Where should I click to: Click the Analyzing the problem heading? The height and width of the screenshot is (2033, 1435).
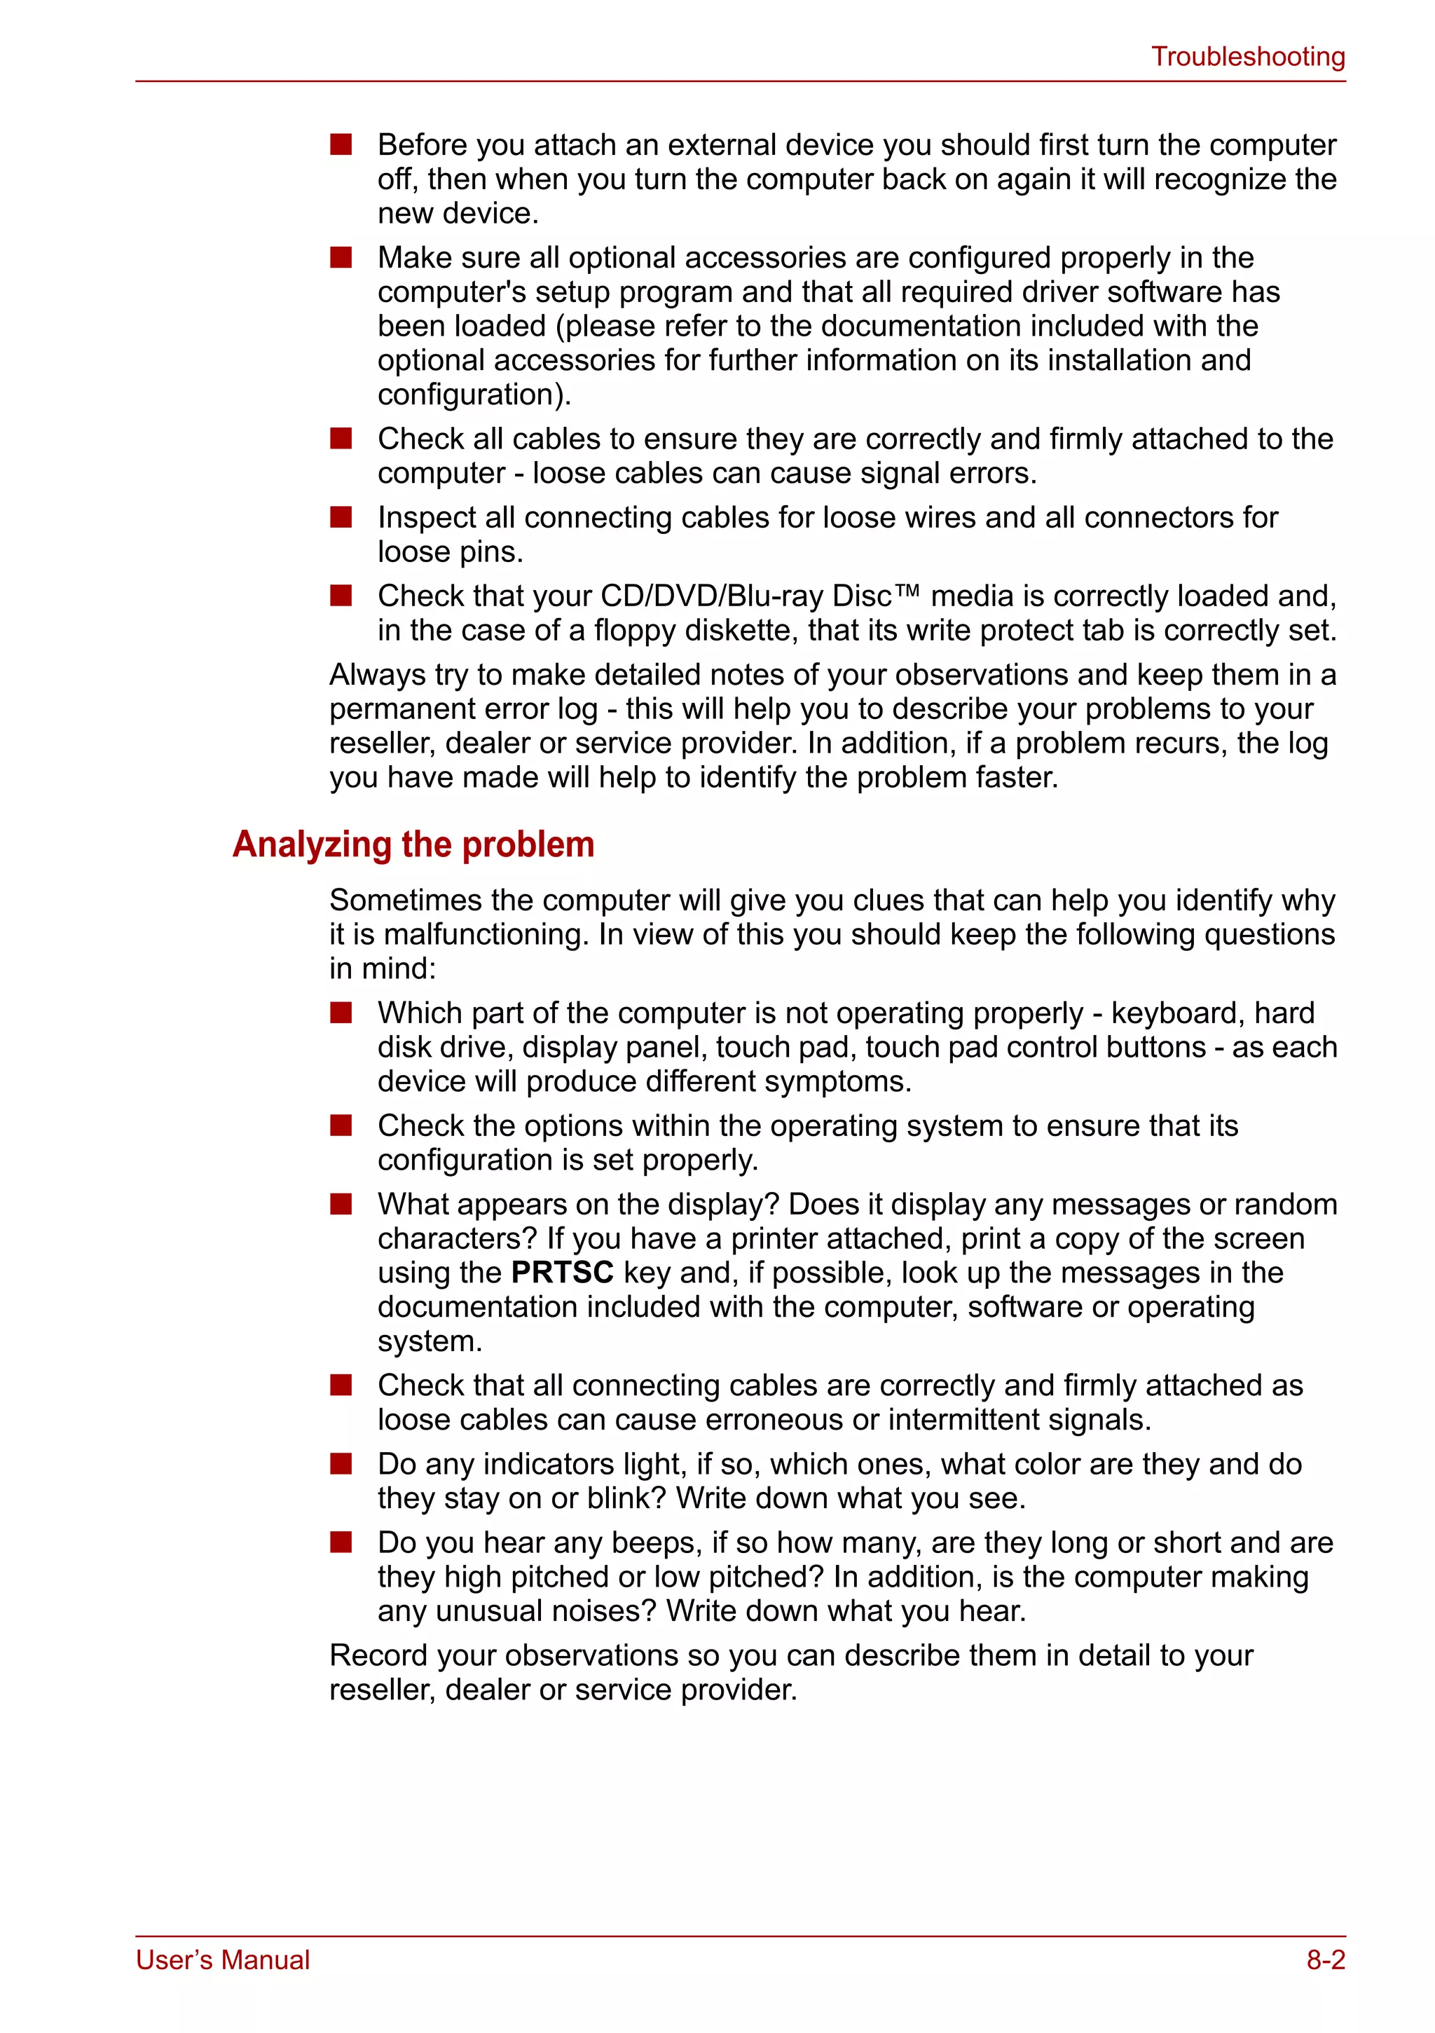coord(413,844)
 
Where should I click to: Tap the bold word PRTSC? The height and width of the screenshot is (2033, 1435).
coord(562,1273)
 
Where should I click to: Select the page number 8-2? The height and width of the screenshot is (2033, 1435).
coord(1325,1959)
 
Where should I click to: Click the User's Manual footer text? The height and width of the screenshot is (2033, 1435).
coord(222,1959)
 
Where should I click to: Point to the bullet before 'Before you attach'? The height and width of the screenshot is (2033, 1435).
coord(341,144)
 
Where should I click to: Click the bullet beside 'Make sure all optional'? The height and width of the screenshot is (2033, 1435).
coord(341,258)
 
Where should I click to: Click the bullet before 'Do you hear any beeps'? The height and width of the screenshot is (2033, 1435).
coord(341,1542)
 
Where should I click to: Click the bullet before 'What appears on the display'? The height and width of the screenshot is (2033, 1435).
coord(341,1204)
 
